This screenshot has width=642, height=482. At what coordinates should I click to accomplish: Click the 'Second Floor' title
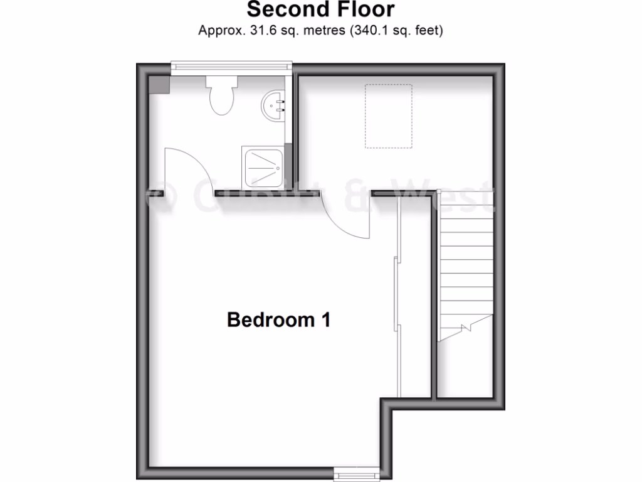[x=320, y=10]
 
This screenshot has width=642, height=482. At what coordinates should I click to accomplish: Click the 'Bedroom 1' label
[x=278, y=319]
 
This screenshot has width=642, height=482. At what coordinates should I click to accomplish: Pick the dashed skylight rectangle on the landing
[x=389, y=116]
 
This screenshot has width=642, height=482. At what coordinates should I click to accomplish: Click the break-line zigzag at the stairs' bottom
[x=466, y=327]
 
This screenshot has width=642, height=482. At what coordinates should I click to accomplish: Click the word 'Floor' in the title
[x=364, y=10]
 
